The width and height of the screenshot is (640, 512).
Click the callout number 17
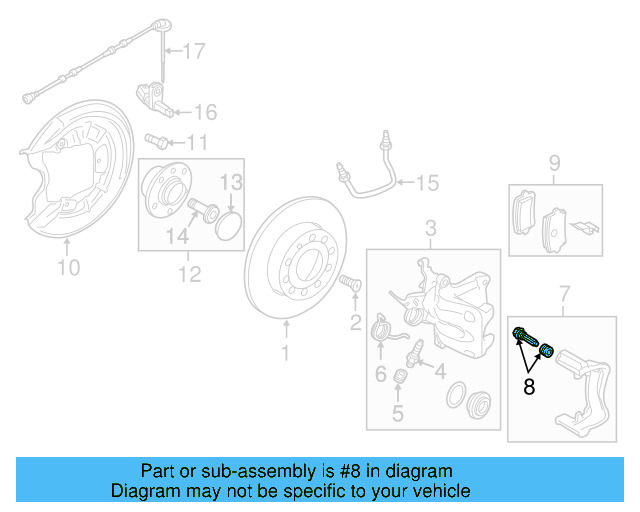(192, 50)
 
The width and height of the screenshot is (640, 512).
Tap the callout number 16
(204, 111)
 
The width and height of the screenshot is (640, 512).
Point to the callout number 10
(68, 267)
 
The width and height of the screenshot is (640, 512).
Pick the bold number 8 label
(529, 387)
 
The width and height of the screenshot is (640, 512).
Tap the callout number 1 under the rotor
(284, 352)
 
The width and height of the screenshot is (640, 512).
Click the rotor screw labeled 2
(350, 284)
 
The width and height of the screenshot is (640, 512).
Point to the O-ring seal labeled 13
(230, 225)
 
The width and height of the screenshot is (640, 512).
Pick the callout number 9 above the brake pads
(554, 162)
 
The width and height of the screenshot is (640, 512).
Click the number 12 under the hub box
(189, 273)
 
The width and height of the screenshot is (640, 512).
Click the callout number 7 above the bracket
(563, 293)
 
